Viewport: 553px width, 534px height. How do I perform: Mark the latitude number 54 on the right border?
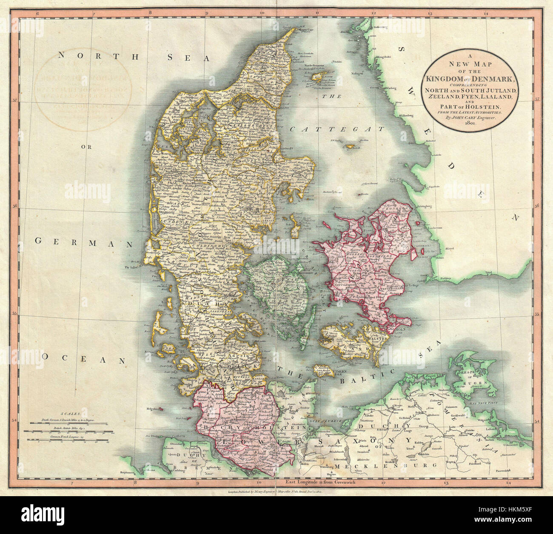537,421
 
